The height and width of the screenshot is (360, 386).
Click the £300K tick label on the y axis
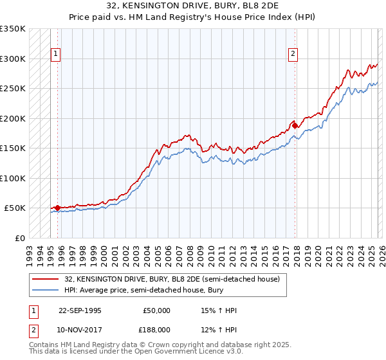(12, 59)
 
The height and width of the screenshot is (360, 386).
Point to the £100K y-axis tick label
(12, 178)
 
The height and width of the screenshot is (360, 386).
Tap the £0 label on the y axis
(19, 238)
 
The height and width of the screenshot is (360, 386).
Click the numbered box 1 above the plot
(57, 55)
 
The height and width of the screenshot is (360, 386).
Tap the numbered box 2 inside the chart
(293, 55)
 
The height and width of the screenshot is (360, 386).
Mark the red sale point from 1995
(58, 208)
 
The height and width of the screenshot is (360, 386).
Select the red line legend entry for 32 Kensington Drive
(172, 280)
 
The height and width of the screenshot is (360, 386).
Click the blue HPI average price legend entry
(154, 291)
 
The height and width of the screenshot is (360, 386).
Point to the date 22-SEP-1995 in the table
(80, 310)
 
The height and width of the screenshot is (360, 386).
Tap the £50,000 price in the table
(156, 310)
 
